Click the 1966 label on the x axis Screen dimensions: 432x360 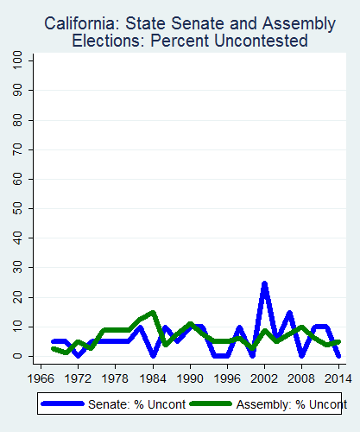[40, 378]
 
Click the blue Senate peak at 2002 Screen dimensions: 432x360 [264, 283]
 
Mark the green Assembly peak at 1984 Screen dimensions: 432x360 [153, 312]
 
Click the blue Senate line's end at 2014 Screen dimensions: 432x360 [338, 355]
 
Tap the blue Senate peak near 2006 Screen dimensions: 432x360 [289, 313]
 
